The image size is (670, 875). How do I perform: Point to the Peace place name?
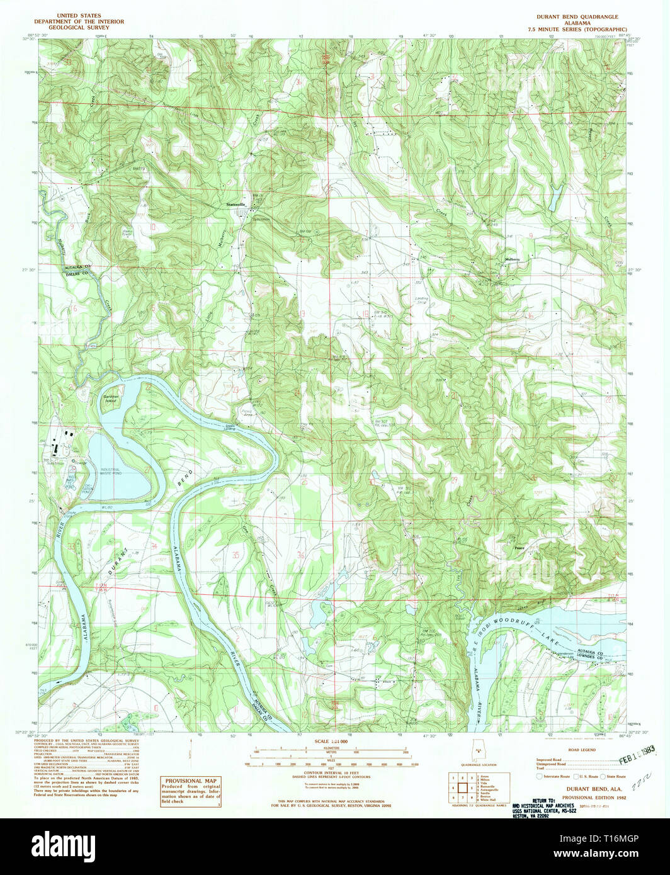(x=520, y=548)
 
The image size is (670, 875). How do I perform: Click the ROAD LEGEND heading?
(x=581, y=750)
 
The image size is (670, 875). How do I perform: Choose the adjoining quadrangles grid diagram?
(x=461, y=786)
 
